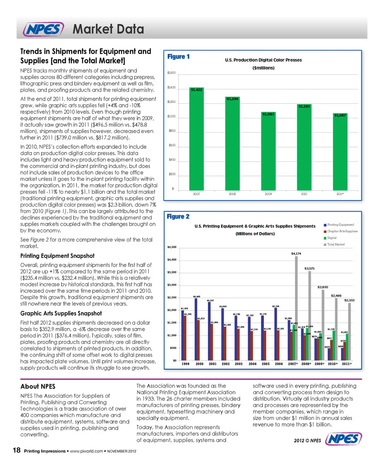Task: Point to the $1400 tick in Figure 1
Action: pos(171,87)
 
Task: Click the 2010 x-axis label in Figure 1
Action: pos(304,194)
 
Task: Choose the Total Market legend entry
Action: pos(336,244)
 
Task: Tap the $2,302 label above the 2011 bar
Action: pos(350,300)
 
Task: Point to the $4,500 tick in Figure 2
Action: pos(171,247)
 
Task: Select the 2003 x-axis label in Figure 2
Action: pos(239,364)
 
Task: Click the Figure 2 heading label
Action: pos(178,217)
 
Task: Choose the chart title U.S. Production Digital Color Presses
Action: pos(263,60)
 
